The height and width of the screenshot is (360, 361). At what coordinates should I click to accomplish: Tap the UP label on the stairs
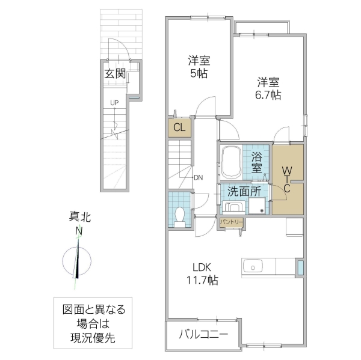[x=114, y=103]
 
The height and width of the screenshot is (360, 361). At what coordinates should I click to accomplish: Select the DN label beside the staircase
[x=199, y=177]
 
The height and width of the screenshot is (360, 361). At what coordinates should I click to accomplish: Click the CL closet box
[x=179, y=127]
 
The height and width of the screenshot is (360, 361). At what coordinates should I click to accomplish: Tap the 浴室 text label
[x=257, y=162]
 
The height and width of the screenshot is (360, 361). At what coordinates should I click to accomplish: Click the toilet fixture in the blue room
[x=179, y=216]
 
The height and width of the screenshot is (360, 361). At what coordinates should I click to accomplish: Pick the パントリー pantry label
[x=231, y=222]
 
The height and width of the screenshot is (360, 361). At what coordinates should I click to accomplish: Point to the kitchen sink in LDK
[x=251, y=266]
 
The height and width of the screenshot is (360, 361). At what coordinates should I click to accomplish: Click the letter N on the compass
[x=79, y=232]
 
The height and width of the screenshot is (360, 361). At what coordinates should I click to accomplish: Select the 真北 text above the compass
[x=79, y=218]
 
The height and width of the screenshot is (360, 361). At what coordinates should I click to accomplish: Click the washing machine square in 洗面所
[x=257, y=206]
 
